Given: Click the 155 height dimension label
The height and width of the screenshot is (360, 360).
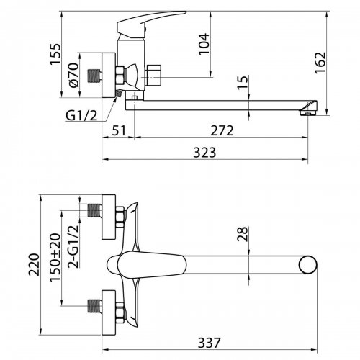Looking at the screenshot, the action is (x=55, y=54).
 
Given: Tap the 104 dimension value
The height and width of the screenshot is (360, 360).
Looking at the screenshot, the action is (x=204, y=44).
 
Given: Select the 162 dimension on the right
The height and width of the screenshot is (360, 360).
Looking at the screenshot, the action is (x=320, y=63).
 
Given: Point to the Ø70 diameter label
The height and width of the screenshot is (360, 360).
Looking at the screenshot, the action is (x=73, y=75).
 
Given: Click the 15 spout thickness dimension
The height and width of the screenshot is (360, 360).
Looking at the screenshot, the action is (x=243, y=83).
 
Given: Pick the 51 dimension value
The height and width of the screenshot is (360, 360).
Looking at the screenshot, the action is (x=119, y=131).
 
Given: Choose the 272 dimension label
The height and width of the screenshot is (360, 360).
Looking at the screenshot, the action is (x=222, y=131).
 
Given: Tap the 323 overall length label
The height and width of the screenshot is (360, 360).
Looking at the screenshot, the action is (x=204, y=153).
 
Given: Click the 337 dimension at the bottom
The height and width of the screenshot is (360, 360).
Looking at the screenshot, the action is (x=209, y=343).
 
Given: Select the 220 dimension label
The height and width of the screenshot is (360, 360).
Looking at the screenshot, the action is (x=34, y=265).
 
